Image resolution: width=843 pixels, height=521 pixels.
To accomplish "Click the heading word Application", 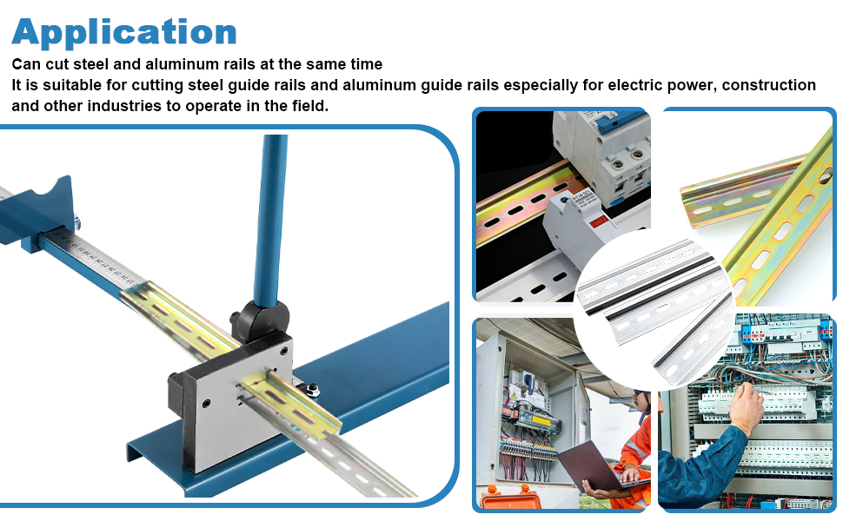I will point(124,31).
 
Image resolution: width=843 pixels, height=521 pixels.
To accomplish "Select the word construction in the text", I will point(768,85).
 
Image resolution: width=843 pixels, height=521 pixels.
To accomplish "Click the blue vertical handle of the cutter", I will point(271,217).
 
